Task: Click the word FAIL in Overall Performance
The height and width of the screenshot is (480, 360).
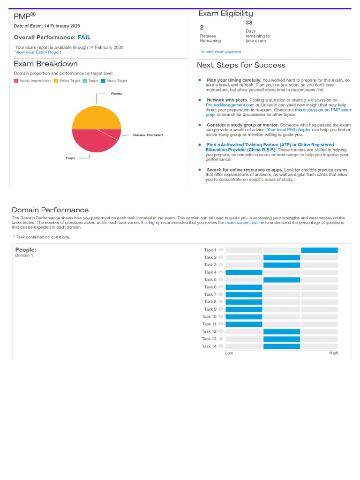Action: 84,37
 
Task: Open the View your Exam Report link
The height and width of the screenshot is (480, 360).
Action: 38,52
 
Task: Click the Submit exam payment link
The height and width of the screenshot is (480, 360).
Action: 221,52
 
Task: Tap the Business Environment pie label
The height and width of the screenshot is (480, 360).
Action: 148,135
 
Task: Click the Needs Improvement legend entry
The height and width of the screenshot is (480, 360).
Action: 33,81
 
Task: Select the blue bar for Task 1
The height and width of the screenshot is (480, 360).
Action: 319,250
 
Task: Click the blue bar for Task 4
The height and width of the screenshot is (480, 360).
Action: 244,272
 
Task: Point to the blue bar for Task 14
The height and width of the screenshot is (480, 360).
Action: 281,346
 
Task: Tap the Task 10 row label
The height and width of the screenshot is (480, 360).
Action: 209,317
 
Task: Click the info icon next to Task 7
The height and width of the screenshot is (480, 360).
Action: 221,294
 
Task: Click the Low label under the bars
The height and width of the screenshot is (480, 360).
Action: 229,353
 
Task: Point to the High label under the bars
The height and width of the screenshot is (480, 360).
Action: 333,353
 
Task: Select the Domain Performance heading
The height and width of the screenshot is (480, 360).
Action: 50,210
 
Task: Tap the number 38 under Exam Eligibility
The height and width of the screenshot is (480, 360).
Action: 249,22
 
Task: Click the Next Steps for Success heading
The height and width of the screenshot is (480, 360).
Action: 241,65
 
